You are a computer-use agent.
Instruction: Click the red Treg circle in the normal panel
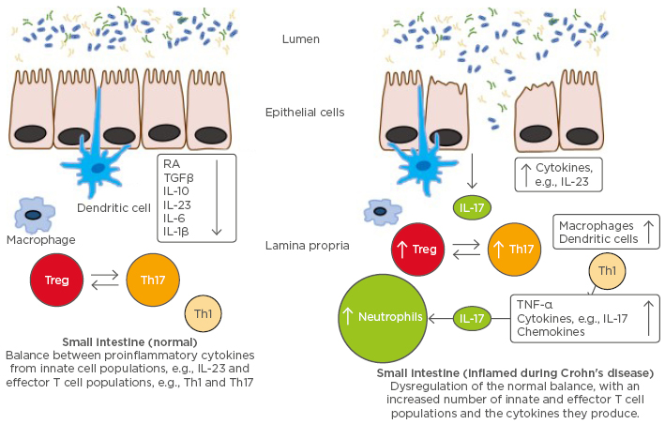(x=57, y=279)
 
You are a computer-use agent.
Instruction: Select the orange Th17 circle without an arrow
(x=152, y=280)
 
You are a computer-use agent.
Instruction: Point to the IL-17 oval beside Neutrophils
(x=475, y=319)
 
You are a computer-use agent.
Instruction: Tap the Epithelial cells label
(x=305, y=113)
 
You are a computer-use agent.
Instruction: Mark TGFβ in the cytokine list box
(x=179, y=176)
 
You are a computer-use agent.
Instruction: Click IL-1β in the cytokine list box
(x=178, y=230)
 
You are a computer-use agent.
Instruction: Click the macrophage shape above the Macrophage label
(x=34, y=215)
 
